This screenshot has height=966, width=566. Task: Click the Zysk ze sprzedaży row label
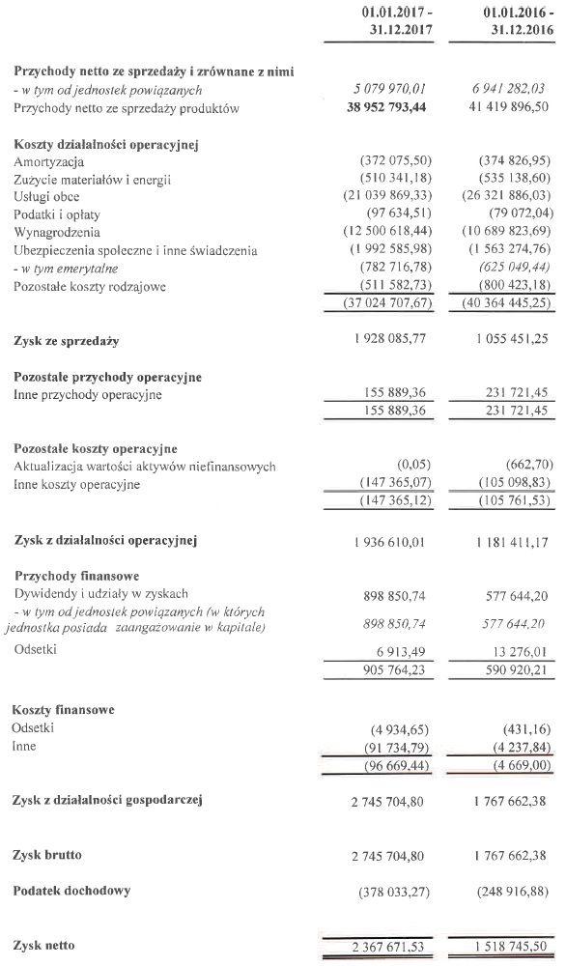(67, 341)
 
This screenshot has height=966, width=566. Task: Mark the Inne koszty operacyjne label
(77, 484)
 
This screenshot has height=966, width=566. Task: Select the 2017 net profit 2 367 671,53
(382, 945)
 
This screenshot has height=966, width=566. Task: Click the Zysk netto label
(43, 944)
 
